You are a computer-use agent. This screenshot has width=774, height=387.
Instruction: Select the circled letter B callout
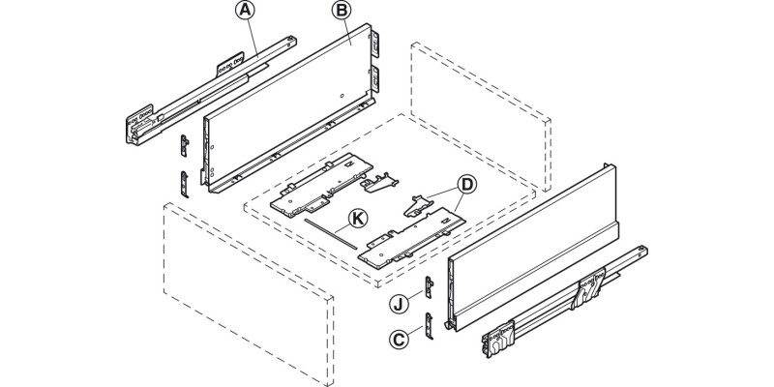click(x=340, y=13)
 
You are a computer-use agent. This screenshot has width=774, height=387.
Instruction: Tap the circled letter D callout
click(x=465, y=184)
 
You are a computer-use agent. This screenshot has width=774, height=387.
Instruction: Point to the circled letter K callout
click(x=357, y=219)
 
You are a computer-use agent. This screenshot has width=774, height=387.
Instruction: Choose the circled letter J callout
click(x=398, y=305)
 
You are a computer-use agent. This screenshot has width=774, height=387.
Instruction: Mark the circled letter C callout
click(x=398, y=339)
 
